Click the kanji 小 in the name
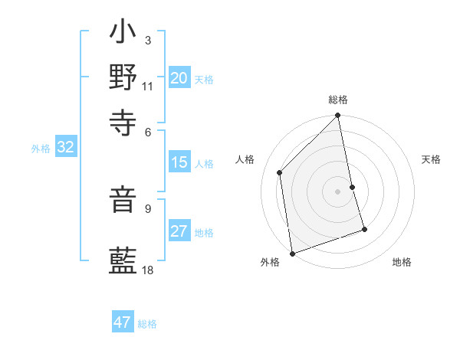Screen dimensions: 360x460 point(123,34)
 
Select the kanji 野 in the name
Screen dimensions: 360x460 point(123,77)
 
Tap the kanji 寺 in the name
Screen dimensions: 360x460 point(123,119)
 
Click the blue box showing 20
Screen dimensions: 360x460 point(179,78)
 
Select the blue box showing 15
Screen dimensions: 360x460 point(179,162)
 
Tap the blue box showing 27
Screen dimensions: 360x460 point(179,232)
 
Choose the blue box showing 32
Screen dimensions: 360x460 point(65,148)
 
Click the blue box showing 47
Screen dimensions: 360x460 point(123,322)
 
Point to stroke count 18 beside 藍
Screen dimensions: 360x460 point(147,270)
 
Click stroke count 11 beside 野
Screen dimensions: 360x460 point(147,85)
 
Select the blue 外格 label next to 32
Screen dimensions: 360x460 point(40,149)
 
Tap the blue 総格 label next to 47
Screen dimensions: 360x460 point(147,324)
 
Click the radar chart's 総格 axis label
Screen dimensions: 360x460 point(337,100)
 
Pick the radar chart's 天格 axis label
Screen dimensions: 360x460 point(431,159)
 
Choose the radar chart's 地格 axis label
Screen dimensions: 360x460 point(402,262)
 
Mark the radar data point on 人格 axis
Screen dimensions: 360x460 point(280,172)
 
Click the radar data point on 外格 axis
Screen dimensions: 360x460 point(292,254)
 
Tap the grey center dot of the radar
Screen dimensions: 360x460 point(337,191)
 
